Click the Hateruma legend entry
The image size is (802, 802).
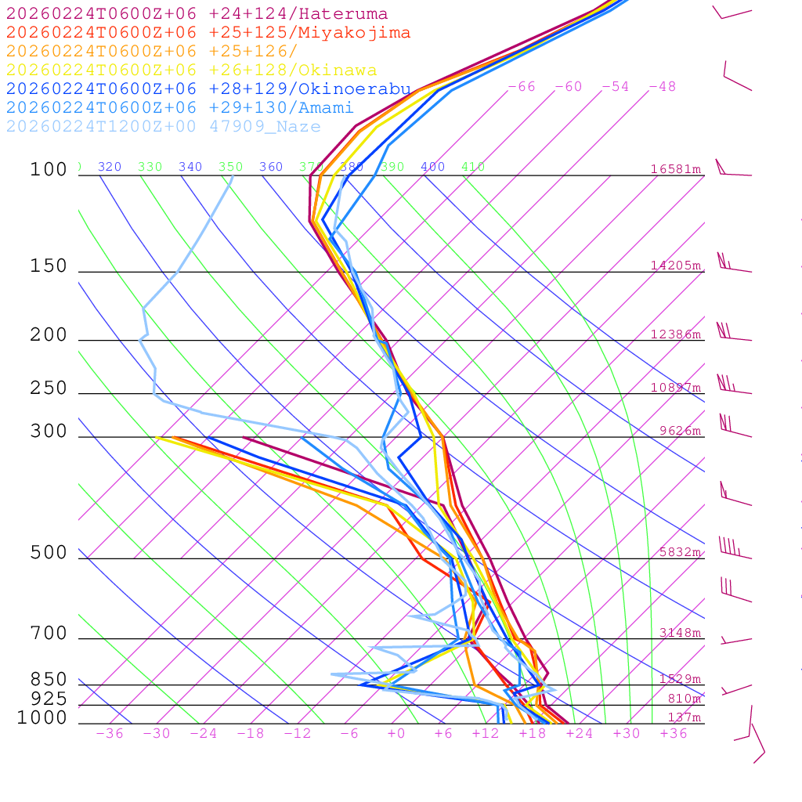tap(197, 14)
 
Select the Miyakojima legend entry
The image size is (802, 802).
tap(208, 33)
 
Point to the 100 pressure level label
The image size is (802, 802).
tap(49, 170)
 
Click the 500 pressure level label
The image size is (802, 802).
tap(49, 553)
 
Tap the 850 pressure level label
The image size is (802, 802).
tap(49, 680)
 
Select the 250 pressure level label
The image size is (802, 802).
tap(49, 388)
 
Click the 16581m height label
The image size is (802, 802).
tap(675, 169)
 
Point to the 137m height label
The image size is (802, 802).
tap(684, 718)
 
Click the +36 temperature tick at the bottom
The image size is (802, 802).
tap(673, 734)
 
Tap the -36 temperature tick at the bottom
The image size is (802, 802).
tap(109, 734)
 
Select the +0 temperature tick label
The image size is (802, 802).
tap(396, 734)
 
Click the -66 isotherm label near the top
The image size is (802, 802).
tap(521, 87)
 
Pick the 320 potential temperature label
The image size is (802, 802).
tap(110, 167)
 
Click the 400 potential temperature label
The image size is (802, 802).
tap(432, 167)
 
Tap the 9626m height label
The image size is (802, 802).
tap(679, 431)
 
